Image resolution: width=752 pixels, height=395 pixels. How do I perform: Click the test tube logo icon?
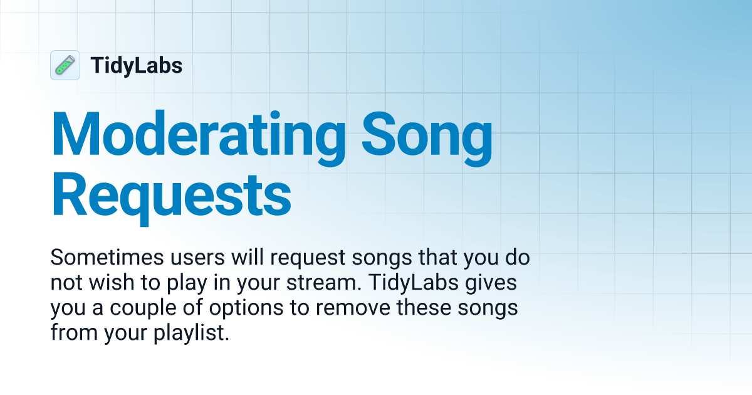65,65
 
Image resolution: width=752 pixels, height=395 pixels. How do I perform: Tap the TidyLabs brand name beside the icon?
137,66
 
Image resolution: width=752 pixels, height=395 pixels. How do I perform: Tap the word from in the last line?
70,333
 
